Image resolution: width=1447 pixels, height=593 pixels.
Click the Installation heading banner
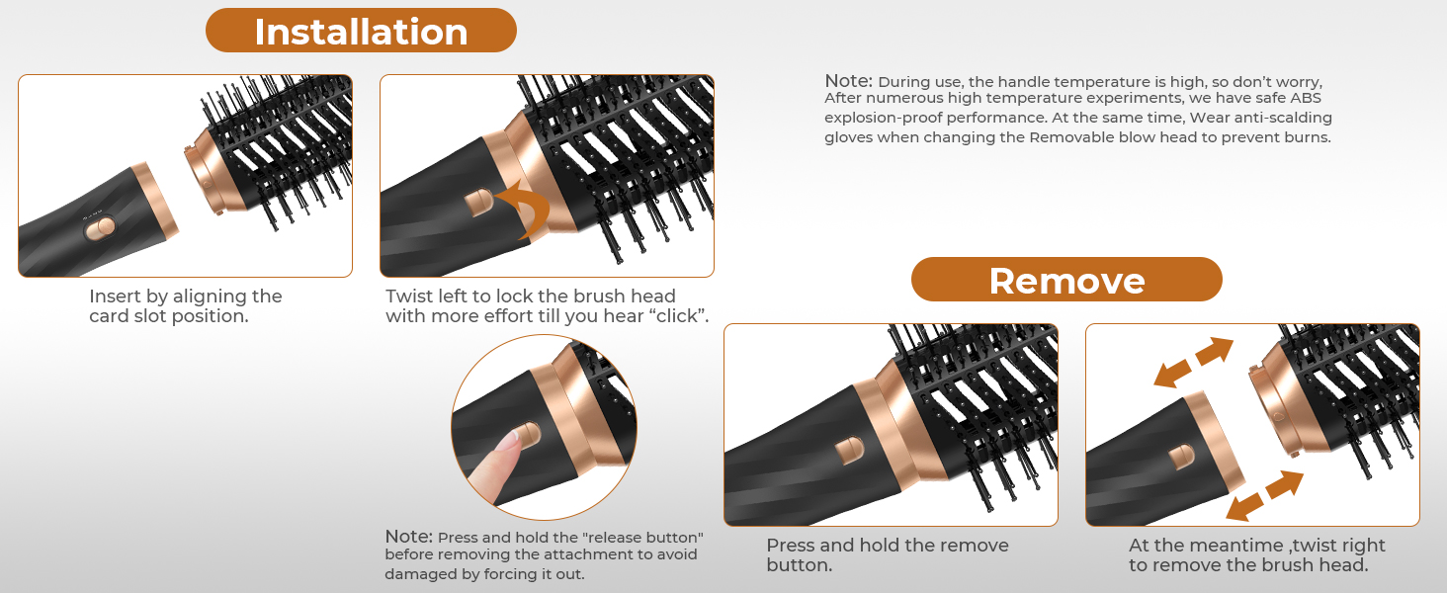pyautogui.click(x=361, y=31)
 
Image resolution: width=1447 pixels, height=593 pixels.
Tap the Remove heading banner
pyautogui.click(x=1066, y=280)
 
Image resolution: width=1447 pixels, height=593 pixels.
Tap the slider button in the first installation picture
pyautogui.click(x=101, y=228)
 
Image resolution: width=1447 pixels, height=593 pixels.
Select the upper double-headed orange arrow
pyautogui.click(x=1193, y=363)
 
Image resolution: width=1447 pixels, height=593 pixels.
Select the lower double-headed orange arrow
pyautogui.click(x=1264, y=495)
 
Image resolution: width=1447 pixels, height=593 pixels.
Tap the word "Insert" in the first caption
pyautogui.click(x=115, y=296)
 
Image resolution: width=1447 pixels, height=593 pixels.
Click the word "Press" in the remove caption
pyautogui.click(x=792, y=546)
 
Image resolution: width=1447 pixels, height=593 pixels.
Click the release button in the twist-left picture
pyautogui.click(x=478, y=203)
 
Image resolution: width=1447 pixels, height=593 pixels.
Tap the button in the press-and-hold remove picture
pyautogui.click(x=849, y=451)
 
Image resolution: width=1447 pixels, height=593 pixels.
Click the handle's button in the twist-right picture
pyautogui.click(x=1181, y=457)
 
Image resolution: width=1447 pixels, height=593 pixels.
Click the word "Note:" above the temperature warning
pyautogui.click(x=848, y=81)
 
